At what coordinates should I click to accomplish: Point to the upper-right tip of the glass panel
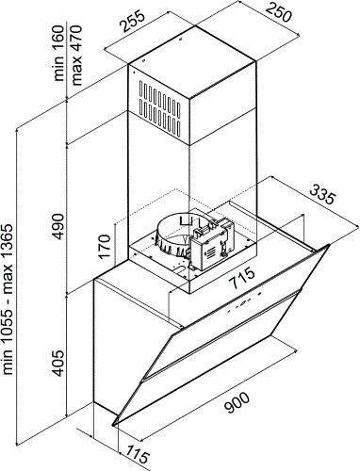329,247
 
